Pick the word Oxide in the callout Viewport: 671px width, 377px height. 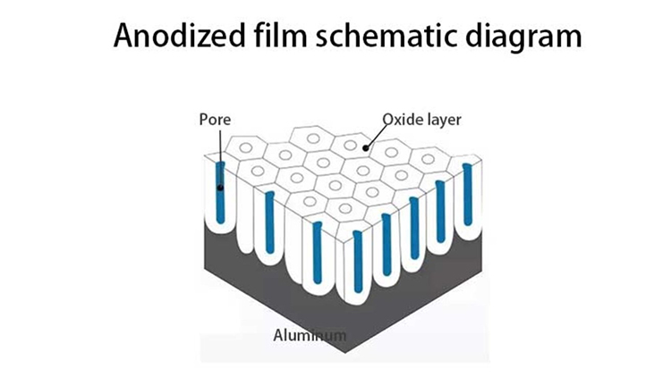coord(400,118)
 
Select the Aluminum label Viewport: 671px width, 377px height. coord(309,336)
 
